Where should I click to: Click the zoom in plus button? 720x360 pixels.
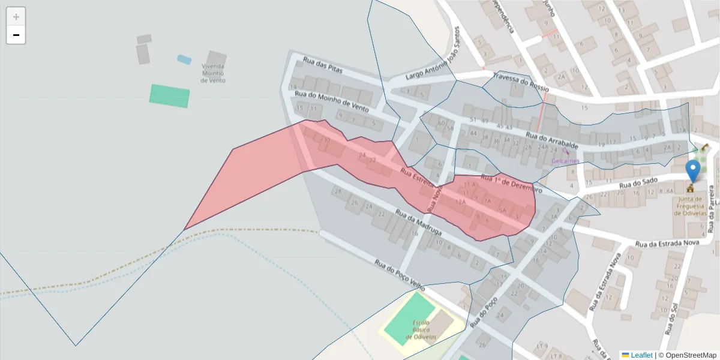coord(16,17)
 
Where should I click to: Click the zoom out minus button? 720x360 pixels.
coord(16,35)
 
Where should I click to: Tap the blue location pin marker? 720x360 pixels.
coord(694,170)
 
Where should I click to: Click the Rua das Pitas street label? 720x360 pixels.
coord(322,65)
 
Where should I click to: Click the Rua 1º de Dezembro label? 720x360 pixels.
coord(511,184)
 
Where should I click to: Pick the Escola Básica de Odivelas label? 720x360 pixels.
coord(421,330)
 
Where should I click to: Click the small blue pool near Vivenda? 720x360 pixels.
coord(184,59)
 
